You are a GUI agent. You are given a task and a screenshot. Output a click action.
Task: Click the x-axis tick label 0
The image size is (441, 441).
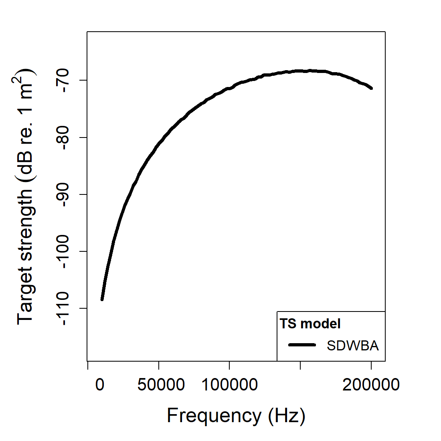100,385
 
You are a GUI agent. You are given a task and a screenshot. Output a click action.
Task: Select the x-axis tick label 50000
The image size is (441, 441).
161,385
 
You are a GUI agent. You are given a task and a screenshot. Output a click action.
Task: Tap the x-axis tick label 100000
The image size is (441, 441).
229,385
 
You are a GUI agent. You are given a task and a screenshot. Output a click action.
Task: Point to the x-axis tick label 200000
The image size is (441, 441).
371,385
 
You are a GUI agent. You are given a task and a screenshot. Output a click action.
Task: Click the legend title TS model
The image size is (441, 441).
310,324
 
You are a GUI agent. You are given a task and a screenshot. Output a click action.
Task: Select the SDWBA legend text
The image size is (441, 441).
352,346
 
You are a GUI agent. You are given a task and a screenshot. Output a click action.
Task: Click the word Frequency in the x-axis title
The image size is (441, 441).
214,415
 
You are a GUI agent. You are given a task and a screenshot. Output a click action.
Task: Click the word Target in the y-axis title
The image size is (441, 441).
25,299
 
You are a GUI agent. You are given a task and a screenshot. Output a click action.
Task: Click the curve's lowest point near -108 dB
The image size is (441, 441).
102,299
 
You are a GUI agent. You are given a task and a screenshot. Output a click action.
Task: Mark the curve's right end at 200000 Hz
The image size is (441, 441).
371,88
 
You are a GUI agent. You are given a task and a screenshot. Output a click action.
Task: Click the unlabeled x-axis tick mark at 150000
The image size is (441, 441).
300,364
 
